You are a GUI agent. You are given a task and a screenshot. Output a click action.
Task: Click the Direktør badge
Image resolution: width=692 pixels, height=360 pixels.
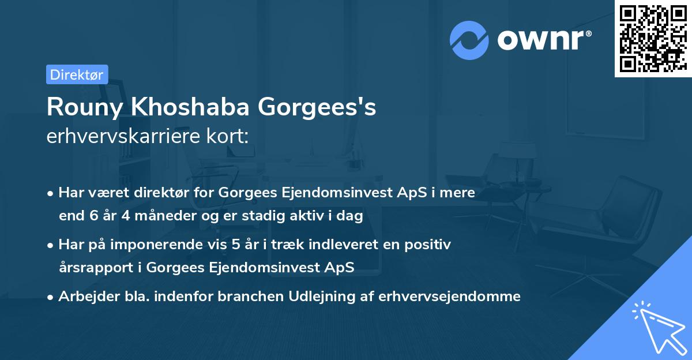click(x=77, y=74)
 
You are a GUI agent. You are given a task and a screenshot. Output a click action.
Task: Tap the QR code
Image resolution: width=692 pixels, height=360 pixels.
click(x=653, y=38)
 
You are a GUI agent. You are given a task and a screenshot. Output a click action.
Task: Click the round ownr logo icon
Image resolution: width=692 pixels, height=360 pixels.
click(x=469, y=40)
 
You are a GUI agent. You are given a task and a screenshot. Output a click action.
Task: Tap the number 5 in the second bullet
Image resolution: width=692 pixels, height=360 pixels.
click(x=235, y=245)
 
